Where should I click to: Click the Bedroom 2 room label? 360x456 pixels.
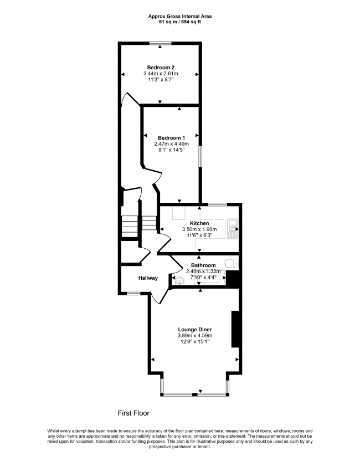tap(161, 67)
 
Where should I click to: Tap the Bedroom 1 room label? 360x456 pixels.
tap(171, 137)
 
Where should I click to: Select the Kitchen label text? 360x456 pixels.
tap(199, 223)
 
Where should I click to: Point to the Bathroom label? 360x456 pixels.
tap(203, 265)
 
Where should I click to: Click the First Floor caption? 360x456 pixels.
tap(133, 413)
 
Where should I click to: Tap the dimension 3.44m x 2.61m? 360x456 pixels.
tap(161, 73)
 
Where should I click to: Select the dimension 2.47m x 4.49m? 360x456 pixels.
tap(171, 144)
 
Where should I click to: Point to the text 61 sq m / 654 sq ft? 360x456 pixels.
tap(180, 22)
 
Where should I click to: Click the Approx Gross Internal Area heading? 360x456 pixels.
tap(180, 17)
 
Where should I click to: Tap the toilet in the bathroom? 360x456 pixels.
tap(231, 263)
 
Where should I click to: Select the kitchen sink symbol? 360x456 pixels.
tap(232, 228)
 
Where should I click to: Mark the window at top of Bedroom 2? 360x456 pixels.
tap(161, 43)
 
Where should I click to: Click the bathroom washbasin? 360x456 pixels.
tap(178, 280)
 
